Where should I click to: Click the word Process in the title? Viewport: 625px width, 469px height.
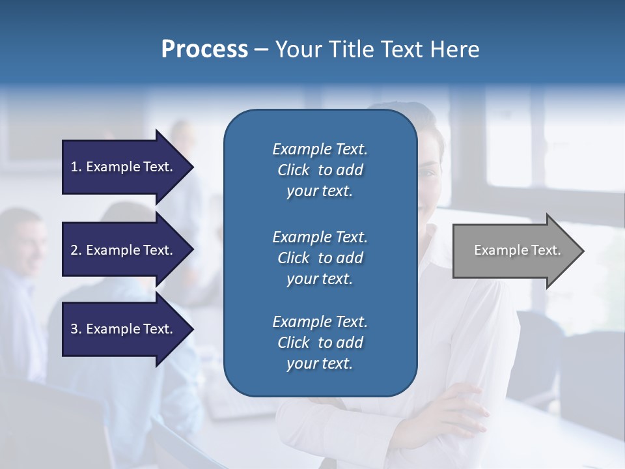click(x=204, y=50)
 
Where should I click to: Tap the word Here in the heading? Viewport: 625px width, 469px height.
click(x=454, y=50)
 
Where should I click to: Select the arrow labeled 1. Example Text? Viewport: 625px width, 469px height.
click(x=124, y=167)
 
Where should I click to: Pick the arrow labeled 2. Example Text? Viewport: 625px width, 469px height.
click(x=124, y=250)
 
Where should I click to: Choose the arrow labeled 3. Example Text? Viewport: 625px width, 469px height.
click(x=124, y=329)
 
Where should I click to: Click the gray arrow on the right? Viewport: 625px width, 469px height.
click(x=514, y=251)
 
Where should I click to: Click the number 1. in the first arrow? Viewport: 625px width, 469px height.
click(x=76, y=167)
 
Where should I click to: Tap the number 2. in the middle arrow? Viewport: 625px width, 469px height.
click(x=76, y=250)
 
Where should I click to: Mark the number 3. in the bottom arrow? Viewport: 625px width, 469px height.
click(x=76, y=329)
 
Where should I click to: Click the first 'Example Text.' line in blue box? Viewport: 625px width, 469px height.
click(x=320, y=149)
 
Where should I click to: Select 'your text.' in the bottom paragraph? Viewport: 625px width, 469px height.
click(x=320, y=363)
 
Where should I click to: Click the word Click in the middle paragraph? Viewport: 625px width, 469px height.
click(x=294, y=258)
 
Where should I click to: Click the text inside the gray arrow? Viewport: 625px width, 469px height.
click(x=517, y=250)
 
